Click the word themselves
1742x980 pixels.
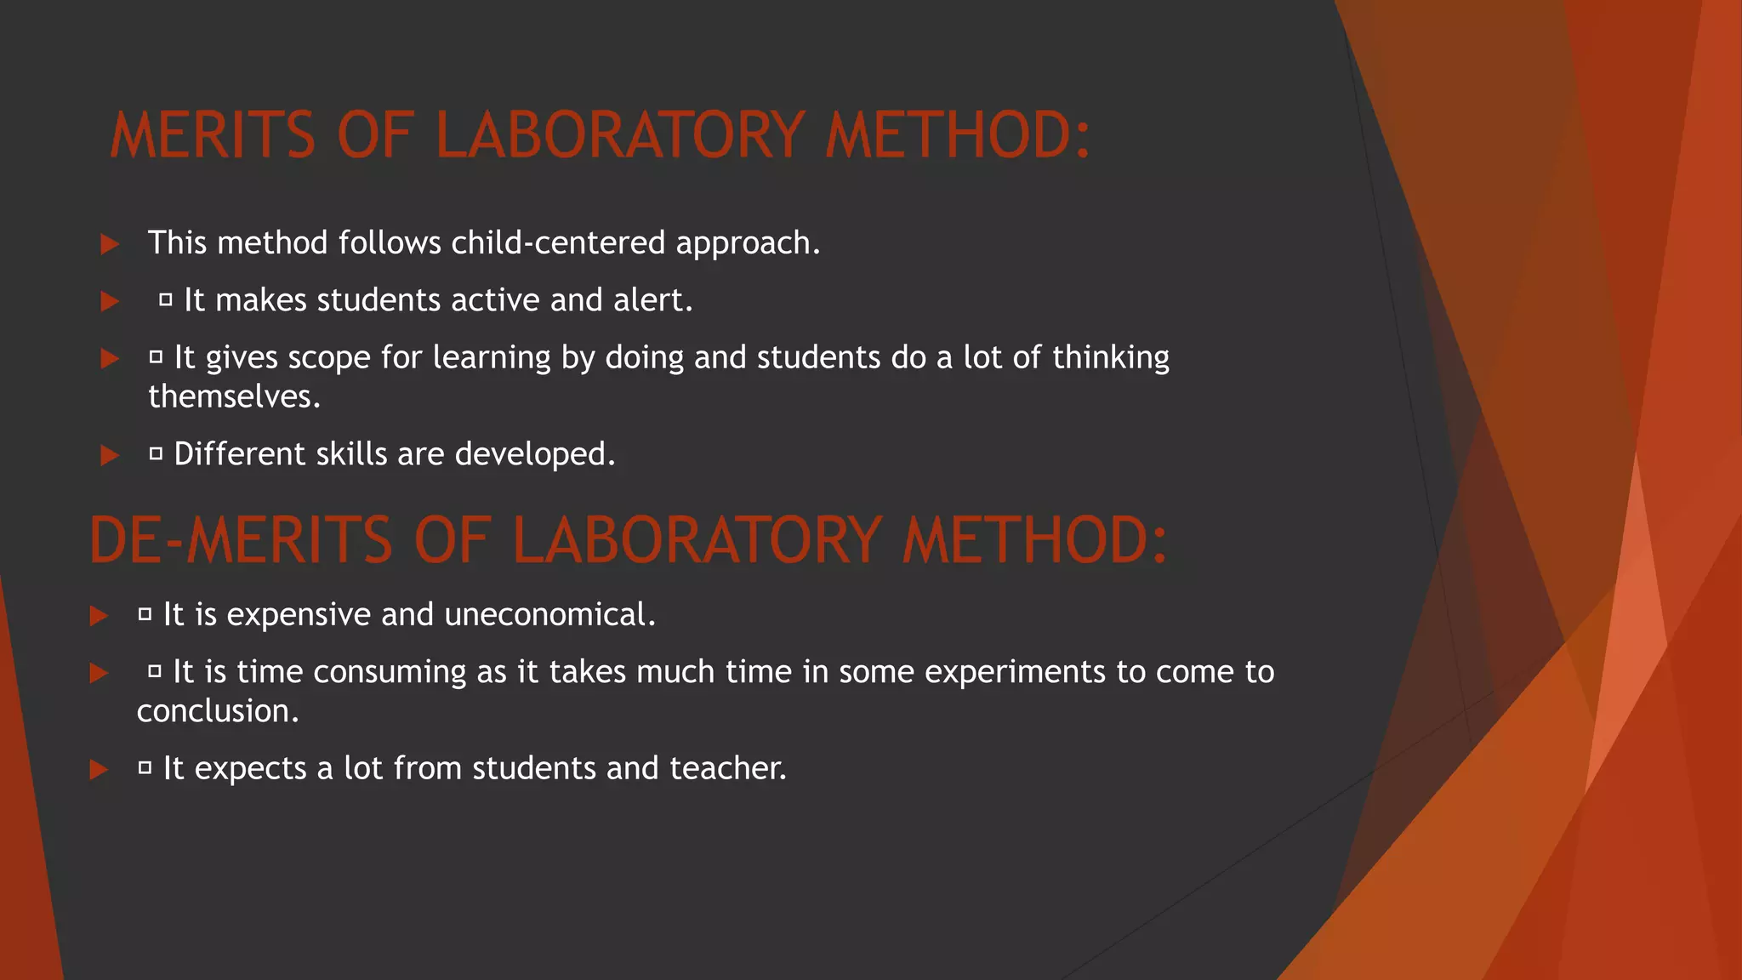point(234,397)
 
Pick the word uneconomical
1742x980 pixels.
point(549,615)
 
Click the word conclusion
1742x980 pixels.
point(218,711)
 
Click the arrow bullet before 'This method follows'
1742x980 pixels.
point(110,245)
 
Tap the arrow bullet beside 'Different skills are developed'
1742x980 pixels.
point(110,456)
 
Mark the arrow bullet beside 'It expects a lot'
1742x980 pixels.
point(99,770)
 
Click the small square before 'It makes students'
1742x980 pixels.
point(166,299)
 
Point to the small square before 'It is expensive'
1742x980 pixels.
point(145,613)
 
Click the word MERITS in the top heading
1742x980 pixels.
point(213,136)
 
